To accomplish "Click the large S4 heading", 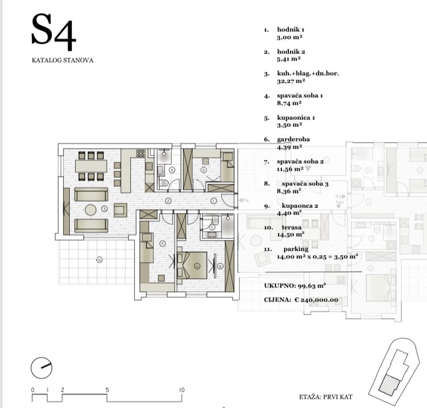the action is point(54,32).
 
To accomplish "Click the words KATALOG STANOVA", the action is point(63,61).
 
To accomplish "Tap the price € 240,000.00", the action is point(317,300).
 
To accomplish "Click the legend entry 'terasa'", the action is point(292,228).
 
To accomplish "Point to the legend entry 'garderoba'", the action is point(293,139).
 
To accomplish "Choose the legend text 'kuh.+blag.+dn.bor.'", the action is point(308,73).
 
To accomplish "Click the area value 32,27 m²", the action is point(291,81).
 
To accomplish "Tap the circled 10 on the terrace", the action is point(99,260).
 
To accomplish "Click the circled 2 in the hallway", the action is point(168,201).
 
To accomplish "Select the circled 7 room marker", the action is point(162,244).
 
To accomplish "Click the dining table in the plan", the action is point(91,166).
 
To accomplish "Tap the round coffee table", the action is point(91,210).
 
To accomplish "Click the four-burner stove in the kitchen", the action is point(141,153).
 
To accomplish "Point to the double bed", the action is point(193,265).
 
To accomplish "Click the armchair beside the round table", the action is point(120,210).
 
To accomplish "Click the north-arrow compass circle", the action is point(41,368).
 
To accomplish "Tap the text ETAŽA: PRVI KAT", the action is point(326,397).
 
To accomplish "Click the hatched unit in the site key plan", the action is point(390,383).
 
